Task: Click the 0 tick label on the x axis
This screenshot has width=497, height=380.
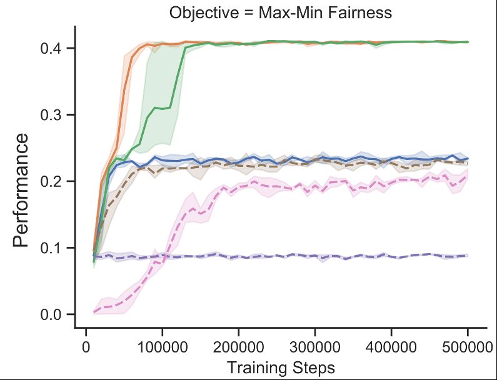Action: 86,345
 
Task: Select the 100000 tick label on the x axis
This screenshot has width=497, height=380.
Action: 163,345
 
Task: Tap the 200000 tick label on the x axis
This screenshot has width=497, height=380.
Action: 239,345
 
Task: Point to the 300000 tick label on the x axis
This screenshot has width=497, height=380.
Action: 315,345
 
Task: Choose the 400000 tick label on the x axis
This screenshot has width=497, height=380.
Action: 391,345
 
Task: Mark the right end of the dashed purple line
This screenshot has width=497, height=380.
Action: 468,256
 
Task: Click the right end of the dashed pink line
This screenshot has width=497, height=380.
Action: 468,176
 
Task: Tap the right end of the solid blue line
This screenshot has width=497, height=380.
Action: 468,159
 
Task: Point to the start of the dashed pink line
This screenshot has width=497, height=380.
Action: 94,311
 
